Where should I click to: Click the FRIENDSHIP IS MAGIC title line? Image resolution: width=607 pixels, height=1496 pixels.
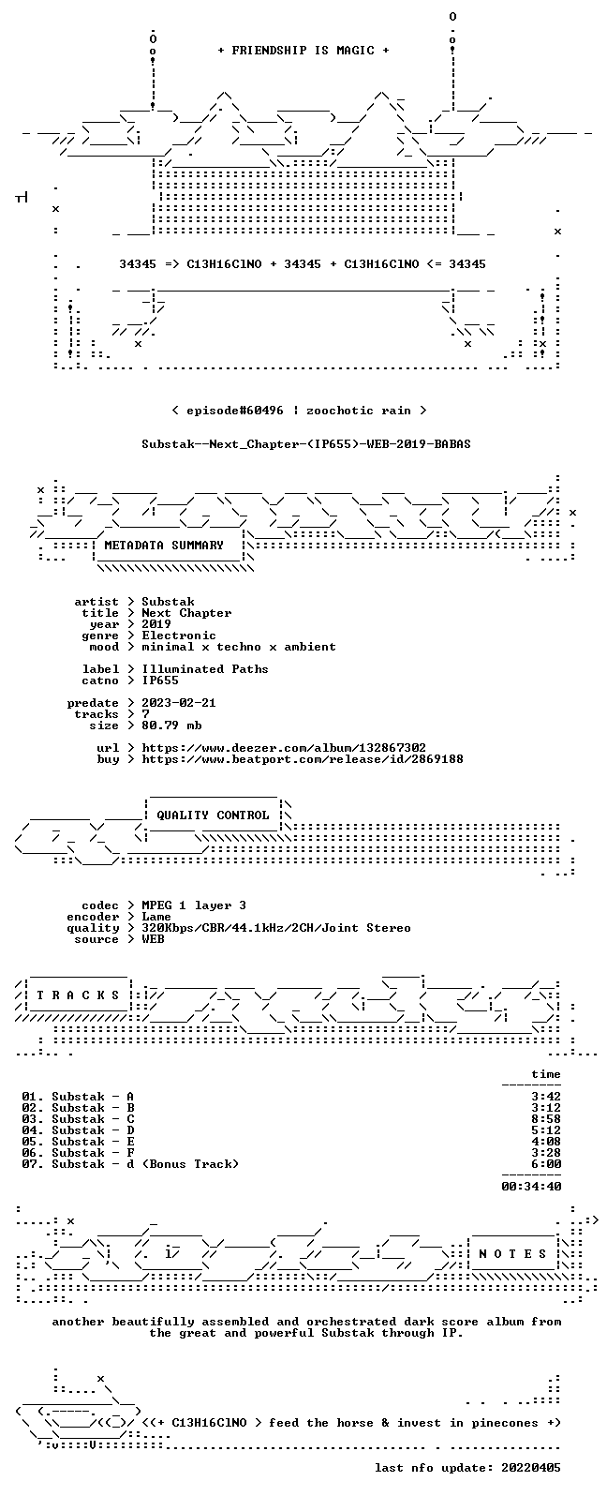pos(303,51)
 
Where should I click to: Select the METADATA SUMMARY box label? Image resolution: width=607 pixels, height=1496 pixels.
pos(164,546)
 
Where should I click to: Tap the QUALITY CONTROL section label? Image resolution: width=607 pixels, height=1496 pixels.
pos(213,815)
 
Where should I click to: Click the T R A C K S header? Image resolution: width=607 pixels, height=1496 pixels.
pos(78,995)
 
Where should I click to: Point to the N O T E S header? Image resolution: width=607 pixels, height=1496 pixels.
pos(512,1254)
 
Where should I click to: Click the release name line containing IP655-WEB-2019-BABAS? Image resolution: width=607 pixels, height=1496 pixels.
pos(305,444)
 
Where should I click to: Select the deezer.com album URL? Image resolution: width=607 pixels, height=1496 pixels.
pos(284,748)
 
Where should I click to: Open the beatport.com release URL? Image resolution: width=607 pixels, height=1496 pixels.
pos(303,759)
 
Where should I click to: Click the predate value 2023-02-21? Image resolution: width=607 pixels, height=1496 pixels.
pos(179,703)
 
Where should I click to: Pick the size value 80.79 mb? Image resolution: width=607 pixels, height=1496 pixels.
pos(171,726)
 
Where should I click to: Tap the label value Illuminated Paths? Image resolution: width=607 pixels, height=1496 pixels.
pos(205,669)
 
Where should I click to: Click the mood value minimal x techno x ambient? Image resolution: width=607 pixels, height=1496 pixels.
pos(239,647)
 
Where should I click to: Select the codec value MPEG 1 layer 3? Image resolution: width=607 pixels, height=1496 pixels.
pos(194,905)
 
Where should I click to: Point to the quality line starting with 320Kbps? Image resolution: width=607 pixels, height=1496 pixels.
pos(276,928)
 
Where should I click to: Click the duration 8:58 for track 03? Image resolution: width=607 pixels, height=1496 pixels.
pos(546,1118)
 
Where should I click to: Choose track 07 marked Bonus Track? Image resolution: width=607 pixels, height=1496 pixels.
pos(130,1164)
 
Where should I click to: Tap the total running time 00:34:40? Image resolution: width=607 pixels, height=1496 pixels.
pos(531,1187)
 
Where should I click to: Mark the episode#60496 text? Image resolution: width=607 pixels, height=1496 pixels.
pos(235,411)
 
